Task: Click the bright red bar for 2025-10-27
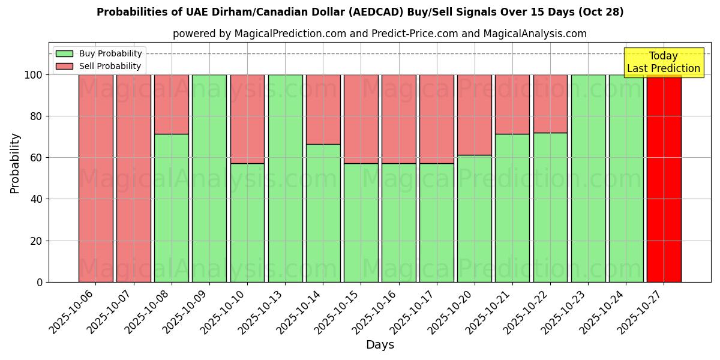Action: (x=664, y=178)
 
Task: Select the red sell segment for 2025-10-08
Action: (x=172, y=104)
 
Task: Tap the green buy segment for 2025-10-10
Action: (x=247, y=223)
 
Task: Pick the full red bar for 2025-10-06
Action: (x=96, y=178)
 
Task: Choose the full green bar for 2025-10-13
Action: (x=285, y=178)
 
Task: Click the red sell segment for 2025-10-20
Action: (x=474, y=115)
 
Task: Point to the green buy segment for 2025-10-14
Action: (x=323, y=213)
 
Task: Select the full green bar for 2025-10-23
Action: (x=588, y=178)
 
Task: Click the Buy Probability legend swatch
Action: (x=64, y=54)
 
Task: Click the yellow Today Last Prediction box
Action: (x=664, y=62)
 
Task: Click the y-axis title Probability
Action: (x=15, y=163)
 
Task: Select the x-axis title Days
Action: (x=380, y=345)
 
